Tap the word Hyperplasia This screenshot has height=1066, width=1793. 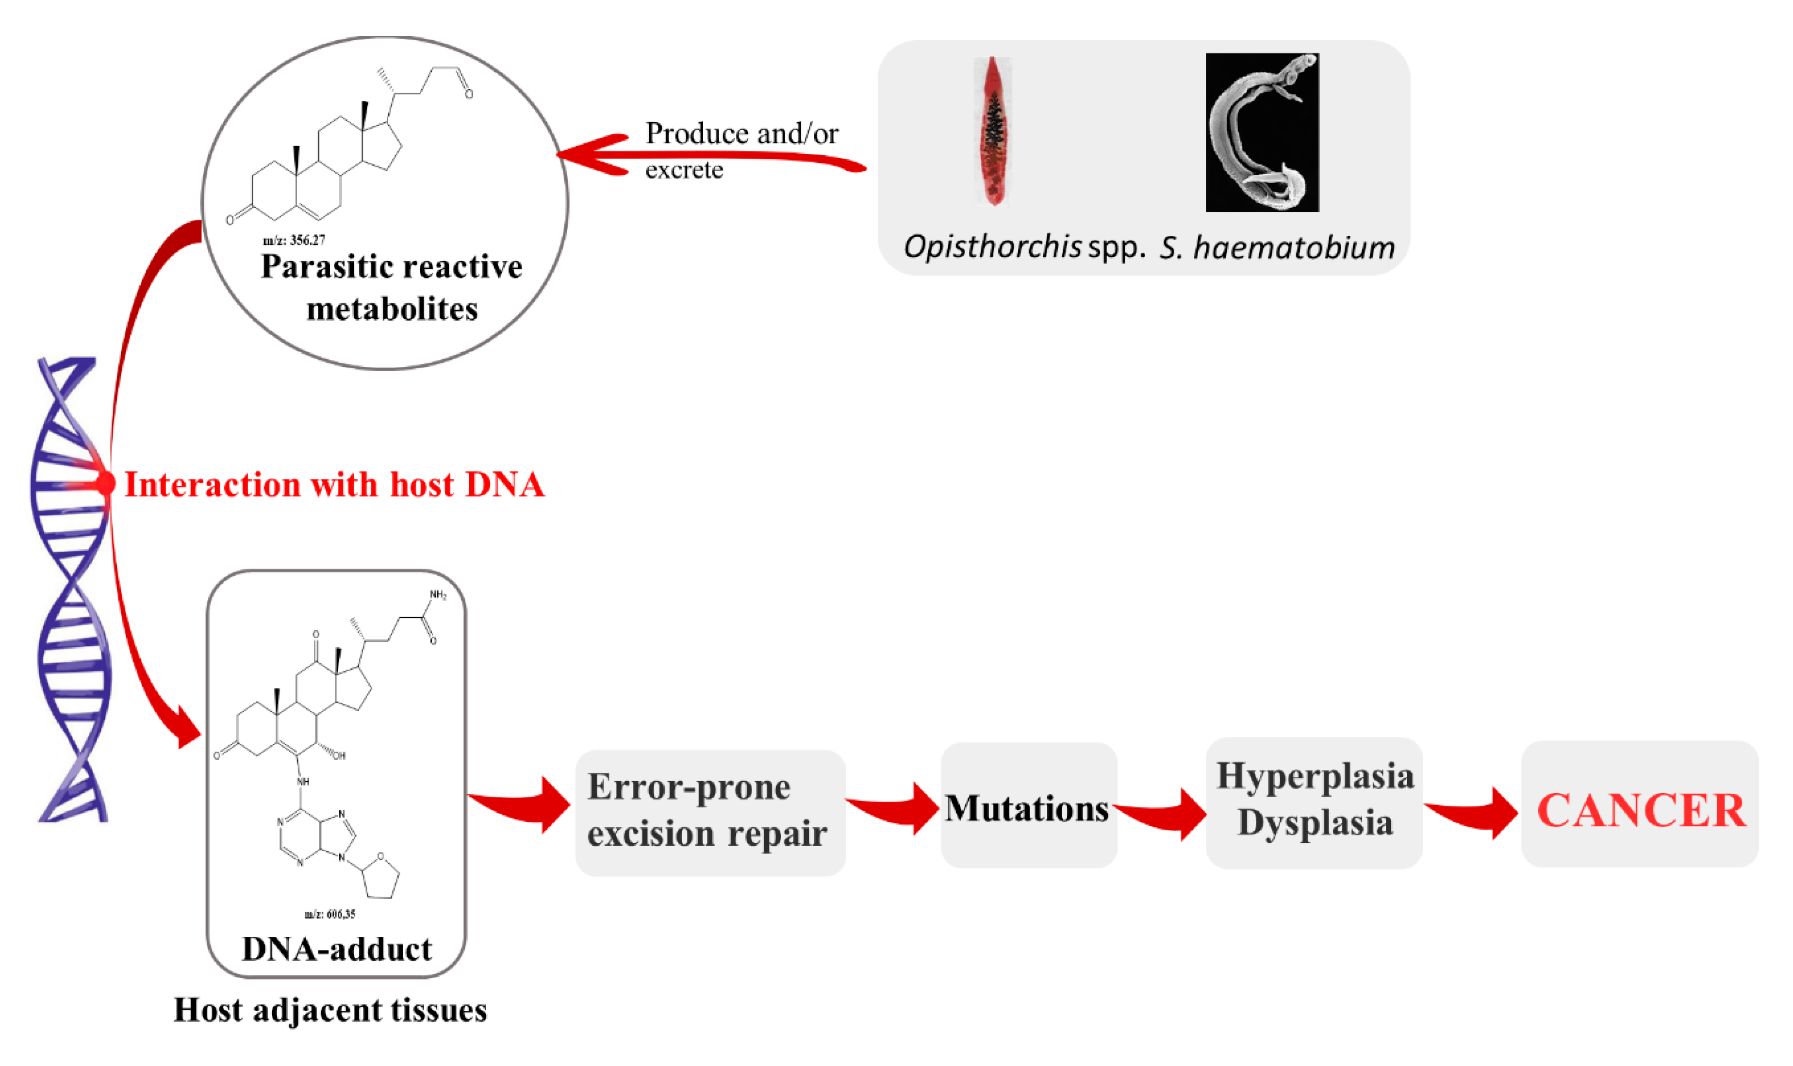click(1314, 776)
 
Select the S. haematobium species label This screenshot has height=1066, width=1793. click(1277, 248)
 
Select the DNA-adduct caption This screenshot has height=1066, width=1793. click(336, 949)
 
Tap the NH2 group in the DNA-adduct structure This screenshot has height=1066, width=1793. click(438, 595)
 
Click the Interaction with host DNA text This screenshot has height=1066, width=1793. click(334, 485)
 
